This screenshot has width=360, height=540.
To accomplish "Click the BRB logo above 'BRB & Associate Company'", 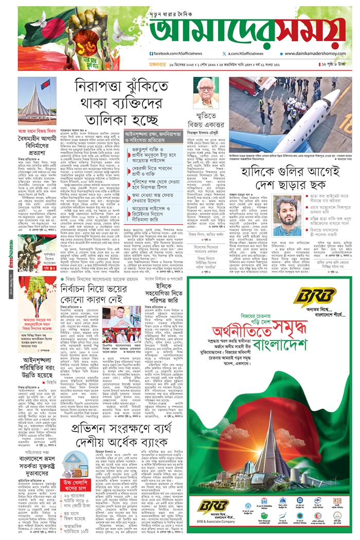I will [214, 506].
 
